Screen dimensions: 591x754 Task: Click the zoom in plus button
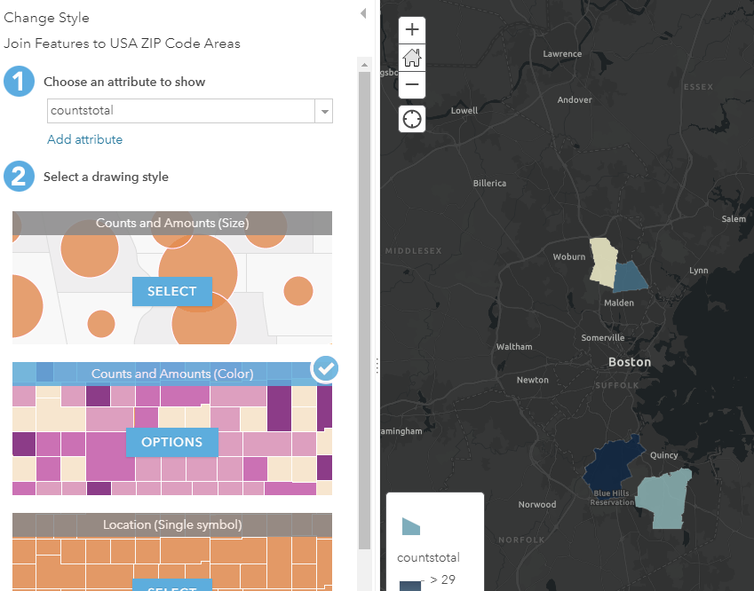tap(412, 29)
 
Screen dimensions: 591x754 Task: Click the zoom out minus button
tap(412, 85)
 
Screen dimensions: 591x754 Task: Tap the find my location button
tap(412, 118)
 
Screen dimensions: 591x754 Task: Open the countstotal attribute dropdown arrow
tap(324, 111)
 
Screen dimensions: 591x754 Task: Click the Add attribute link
tap(85, 139)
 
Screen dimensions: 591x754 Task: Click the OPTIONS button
tap(172, 442)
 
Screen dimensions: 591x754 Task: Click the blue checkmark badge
tap(326, 368)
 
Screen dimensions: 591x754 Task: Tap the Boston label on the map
tap(630, 362)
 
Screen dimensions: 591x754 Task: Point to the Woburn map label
tap(569, 256)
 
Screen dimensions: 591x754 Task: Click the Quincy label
tap(664, 455)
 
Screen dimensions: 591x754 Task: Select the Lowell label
tap(464, 111)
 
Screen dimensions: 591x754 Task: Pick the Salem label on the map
tap(734, 219)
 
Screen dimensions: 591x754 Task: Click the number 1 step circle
tap(19, 81)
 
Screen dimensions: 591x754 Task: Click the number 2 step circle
tap(19, 176)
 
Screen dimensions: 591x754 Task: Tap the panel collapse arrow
tap(363, 13)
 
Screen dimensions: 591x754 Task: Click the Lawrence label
tap(562, 54)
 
